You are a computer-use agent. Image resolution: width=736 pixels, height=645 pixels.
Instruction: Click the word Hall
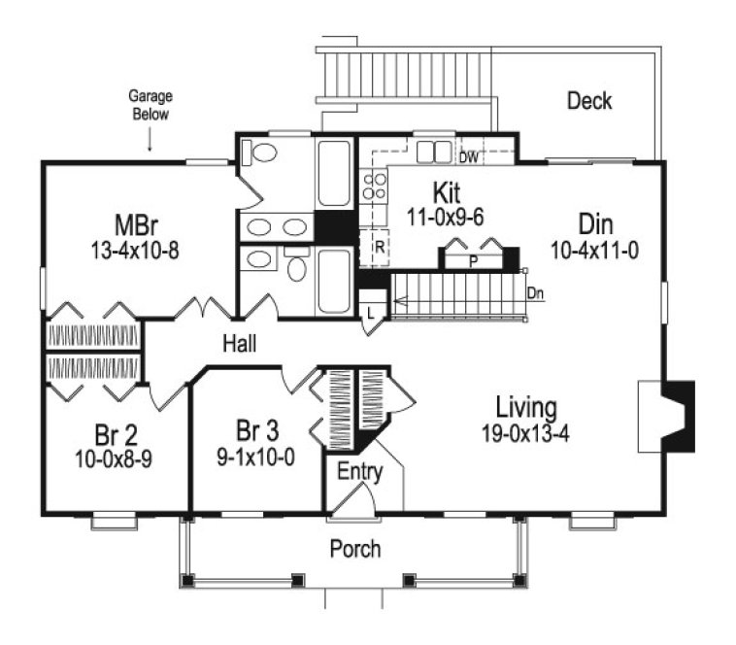(239, 344)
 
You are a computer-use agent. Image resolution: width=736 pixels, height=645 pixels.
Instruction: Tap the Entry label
(359, 473)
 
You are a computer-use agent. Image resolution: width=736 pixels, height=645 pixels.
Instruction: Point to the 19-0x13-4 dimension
(524, 432)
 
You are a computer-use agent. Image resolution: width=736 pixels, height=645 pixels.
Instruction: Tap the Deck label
(589, 100)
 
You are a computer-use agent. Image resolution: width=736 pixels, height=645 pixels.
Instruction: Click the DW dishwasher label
(469, 155)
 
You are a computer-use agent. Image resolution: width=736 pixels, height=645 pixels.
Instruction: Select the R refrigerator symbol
(380, 247)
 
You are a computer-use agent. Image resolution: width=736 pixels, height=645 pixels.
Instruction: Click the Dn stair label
(535, 292)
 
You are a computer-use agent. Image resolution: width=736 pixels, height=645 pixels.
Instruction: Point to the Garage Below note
(149, 105)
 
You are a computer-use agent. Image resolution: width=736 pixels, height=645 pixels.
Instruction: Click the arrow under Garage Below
(150, 142)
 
